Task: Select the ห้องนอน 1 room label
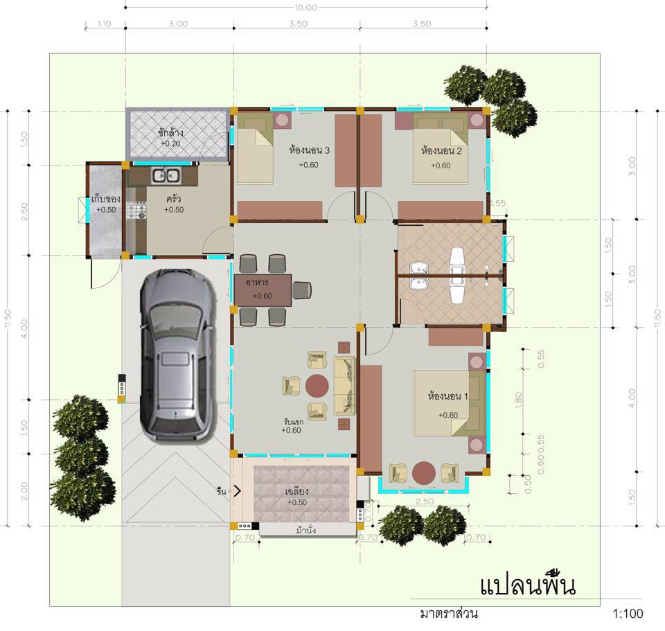point(448,396)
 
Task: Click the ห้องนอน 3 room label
point(309,150)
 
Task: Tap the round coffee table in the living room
point(318,385)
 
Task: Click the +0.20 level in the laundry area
point(170,143)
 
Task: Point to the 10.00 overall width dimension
point(305,8)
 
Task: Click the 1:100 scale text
point(628,613)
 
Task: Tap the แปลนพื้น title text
point(528,586)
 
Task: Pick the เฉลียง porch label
point(296,492)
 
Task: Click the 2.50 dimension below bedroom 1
point(425,501)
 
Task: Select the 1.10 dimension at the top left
point(104,24)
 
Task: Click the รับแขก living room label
point(294,420)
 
